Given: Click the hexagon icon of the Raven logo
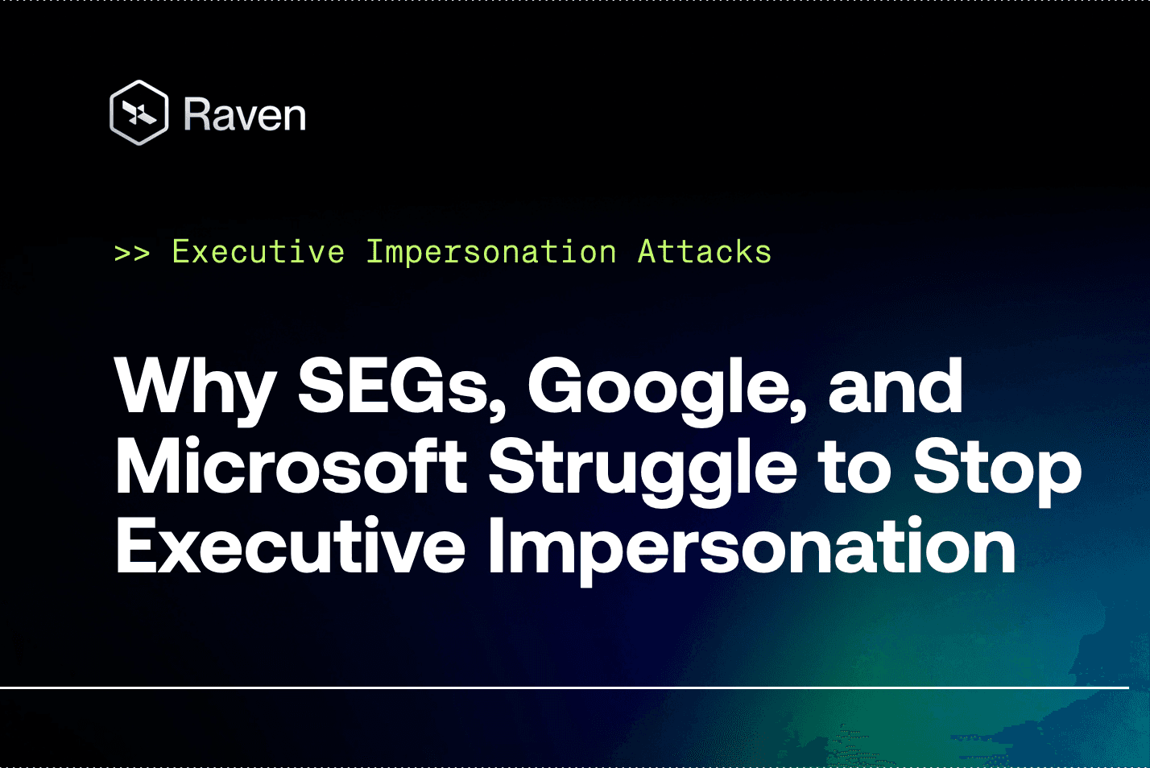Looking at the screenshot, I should pos(139,113).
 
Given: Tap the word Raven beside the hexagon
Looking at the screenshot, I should pos(245,114).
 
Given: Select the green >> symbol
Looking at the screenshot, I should pos(132,253).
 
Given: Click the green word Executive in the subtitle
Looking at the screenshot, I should pos(259,252).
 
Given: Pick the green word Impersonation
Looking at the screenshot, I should pos(491,252).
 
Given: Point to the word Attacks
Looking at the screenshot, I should pos(705,252).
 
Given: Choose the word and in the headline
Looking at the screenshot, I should pos(895,387).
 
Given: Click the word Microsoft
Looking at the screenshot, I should pos(291,467).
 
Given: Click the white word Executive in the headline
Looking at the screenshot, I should pos(291,547).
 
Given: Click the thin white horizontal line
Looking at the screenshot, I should pos(564,687).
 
